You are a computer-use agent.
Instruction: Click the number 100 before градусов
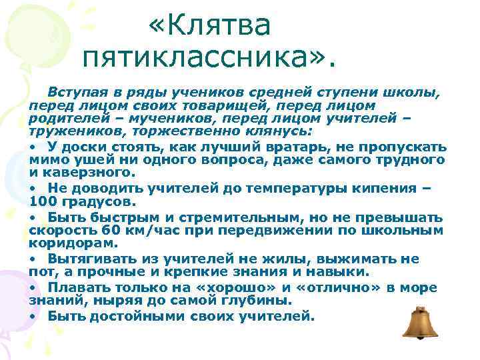(x=43, y=201)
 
